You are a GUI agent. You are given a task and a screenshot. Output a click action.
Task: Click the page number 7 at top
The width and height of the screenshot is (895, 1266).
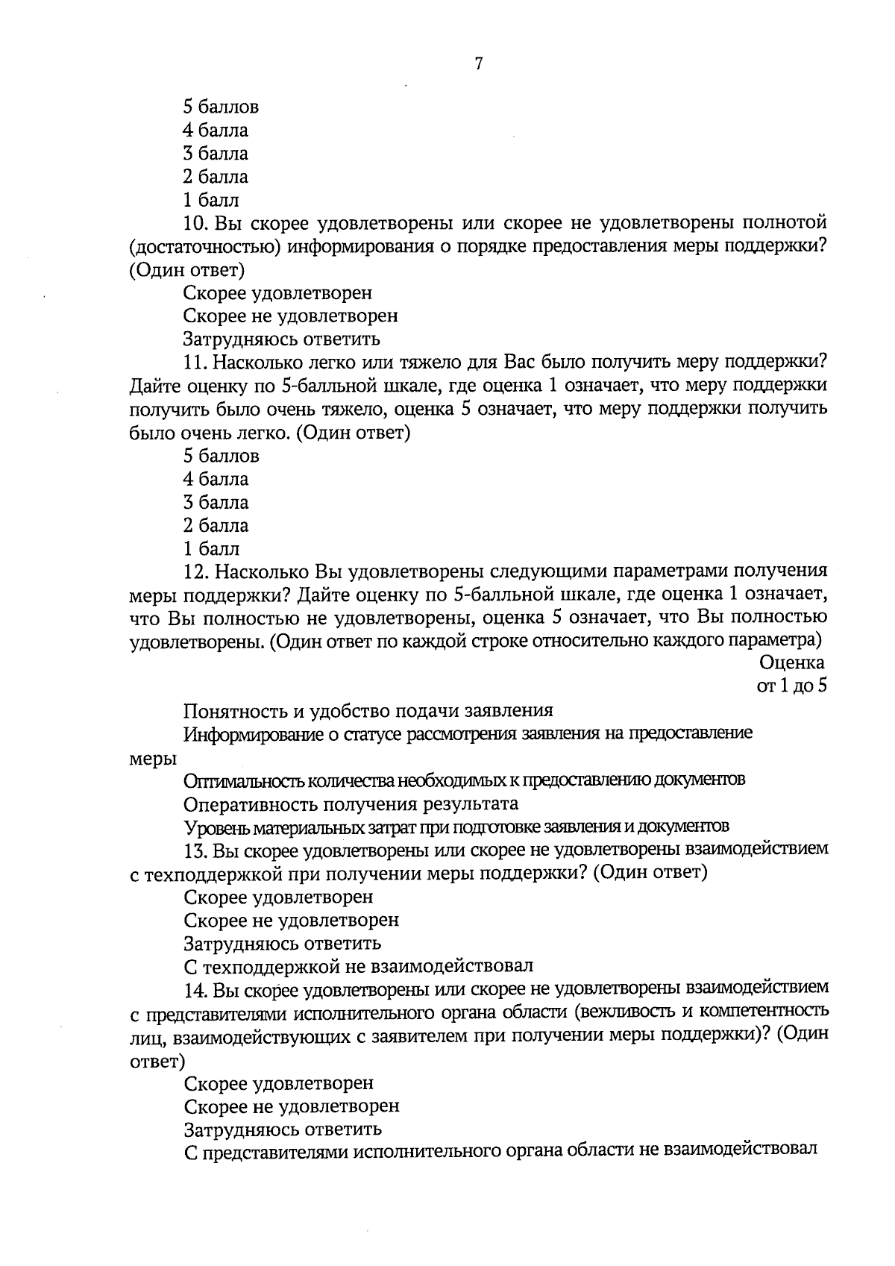pyautogui.click(x=478, y=63)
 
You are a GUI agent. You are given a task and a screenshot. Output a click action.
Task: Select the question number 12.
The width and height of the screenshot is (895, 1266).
pyautogui.click(x=195, y=571)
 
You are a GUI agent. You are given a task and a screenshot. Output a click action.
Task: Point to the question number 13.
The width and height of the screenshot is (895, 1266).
pyautogui.click(x=195, y=850)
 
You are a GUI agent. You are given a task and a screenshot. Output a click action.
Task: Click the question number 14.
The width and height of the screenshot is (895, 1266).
pyautogui.click(x=195, y=989)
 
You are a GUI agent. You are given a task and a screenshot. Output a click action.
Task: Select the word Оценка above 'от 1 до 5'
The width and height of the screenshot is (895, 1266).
pyautogui.click(x=792, y=662)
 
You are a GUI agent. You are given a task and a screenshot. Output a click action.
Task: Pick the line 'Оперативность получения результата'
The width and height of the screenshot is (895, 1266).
pyautogui.click(x=351, y=803)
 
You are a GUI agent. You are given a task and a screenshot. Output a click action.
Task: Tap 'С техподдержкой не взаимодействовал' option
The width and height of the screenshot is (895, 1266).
pyautogui.click(x=358, y=966)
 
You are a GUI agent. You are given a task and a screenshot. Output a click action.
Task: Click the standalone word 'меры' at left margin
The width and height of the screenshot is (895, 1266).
pyautogui.click(x=153, y=758)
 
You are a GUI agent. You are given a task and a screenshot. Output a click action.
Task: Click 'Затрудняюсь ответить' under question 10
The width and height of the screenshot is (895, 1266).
pyautogui.click(x=282, y=339)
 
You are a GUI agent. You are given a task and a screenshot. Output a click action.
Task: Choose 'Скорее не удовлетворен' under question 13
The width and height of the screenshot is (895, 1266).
pyautogui.click(x=291, y=920)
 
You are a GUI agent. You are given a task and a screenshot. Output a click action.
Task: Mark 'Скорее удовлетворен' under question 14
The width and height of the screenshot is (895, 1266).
pyautogui.click(x=278, y=1082)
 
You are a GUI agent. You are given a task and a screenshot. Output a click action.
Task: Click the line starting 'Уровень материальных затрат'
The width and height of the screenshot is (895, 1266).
pyautogui.click(x=456, y=827)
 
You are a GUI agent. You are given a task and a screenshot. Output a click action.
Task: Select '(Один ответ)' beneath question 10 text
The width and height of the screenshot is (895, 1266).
pyautogui.click(x=186, y=269)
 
